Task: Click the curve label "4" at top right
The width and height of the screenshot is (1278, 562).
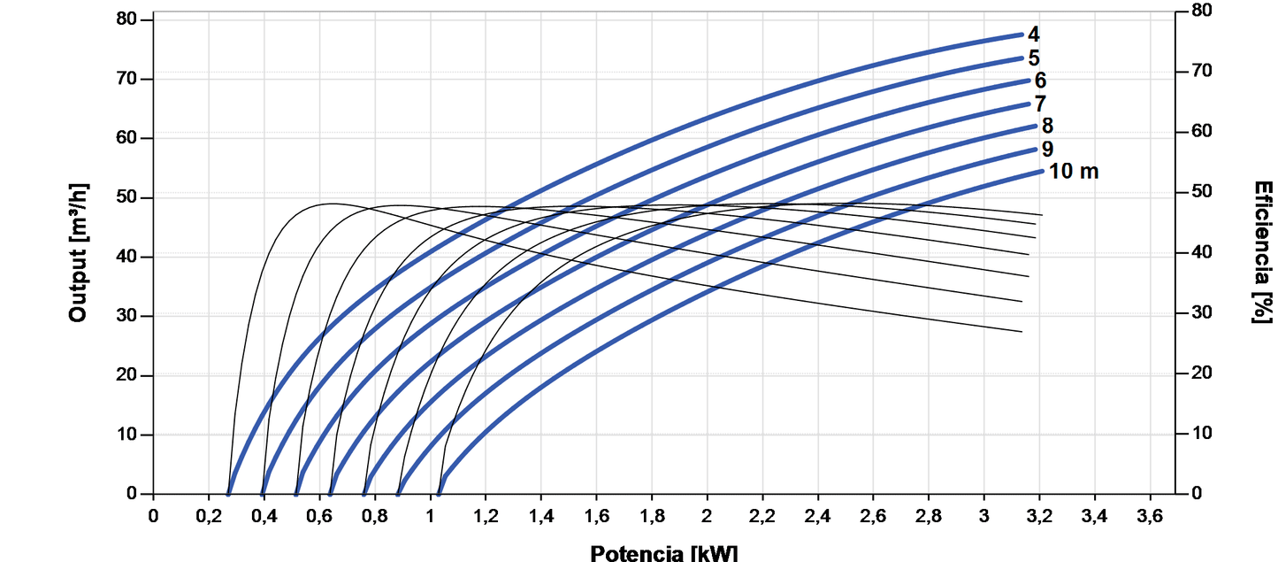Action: [1033, 35]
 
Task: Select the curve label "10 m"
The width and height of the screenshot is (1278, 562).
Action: [1074, 172]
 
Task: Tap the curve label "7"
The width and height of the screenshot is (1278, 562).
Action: [1040, 104]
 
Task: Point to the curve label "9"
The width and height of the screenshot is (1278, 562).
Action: [1047, 149]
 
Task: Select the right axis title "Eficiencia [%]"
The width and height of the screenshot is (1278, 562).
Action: [1263, 252]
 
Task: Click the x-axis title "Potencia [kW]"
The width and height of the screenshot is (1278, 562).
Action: [663, 553]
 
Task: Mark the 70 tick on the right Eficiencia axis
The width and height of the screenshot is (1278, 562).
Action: [1194, 71]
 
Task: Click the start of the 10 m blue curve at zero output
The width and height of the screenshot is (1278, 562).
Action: [440, 493]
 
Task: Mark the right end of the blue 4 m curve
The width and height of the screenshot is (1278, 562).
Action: [1021, 35]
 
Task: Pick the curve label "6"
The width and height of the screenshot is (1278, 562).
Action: [1040, 81]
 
